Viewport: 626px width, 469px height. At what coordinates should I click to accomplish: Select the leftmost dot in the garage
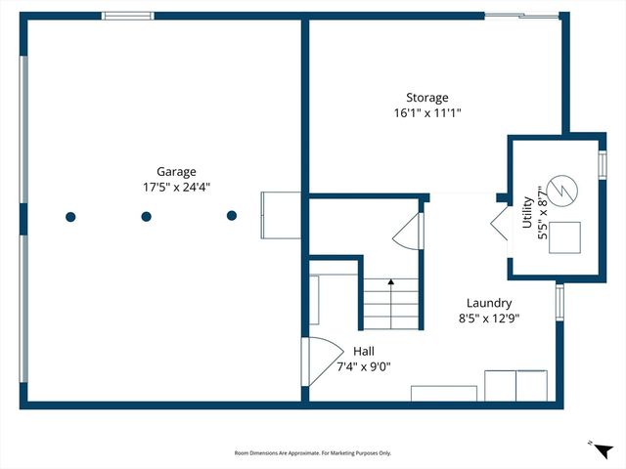[69, 216]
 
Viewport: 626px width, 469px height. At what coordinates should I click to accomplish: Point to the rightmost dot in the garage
[232, 216]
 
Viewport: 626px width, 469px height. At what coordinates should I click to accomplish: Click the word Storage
[427, 98]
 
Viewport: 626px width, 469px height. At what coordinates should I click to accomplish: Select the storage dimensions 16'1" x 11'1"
[427, 113]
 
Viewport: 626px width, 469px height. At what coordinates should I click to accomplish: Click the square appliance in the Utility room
[564, 237]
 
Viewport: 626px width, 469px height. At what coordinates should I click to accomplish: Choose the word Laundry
[488, 303]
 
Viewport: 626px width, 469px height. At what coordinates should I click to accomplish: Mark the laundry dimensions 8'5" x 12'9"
[488, 319]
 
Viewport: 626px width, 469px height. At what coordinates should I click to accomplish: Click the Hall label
[363, 351]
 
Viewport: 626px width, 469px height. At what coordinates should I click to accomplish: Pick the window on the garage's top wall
[128, 16]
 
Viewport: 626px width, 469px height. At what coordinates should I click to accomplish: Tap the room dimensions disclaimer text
[312, 452]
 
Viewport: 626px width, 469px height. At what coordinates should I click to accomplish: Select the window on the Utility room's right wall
[603, 163]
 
